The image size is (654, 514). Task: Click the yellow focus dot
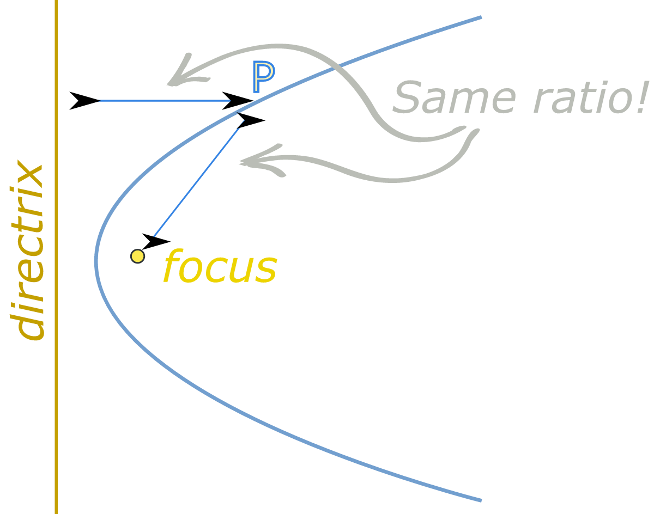138,256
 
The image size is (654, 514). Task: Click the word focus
220,267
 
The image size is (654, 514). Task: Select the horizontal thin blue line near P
163,101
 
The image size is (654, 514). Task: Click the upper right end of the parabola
480,18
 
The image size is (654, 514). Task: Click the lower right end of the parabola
480,499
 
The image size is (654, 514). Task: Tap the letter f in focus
173,267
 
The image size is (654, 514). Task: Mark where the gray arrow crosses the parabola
334,68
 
